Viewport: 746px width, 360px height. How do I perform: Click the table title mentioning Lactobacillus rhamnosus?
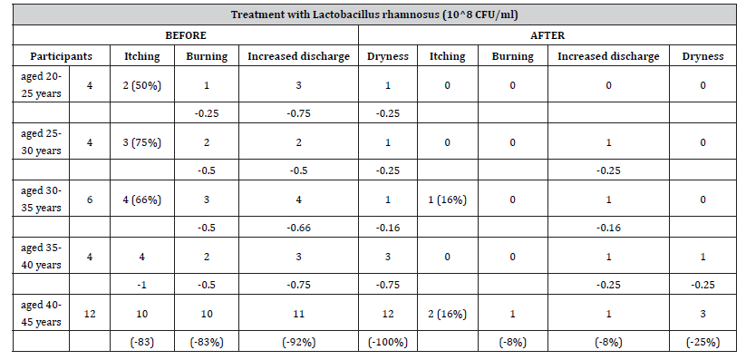[x=373, y=15]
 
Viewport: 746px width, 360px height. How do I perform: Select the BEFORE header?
[x=185, y=35]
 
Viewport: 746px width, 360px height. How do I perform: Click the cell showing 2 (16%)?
[x=447, y=313]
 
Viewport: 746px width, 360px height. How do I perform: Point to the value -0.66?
[x=297, y=229]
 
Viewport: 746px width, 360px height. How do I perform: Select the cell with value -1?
[x=142, y=285]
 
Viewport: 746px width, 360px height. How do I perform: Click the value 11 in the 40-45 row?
[x=297, y=313]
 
